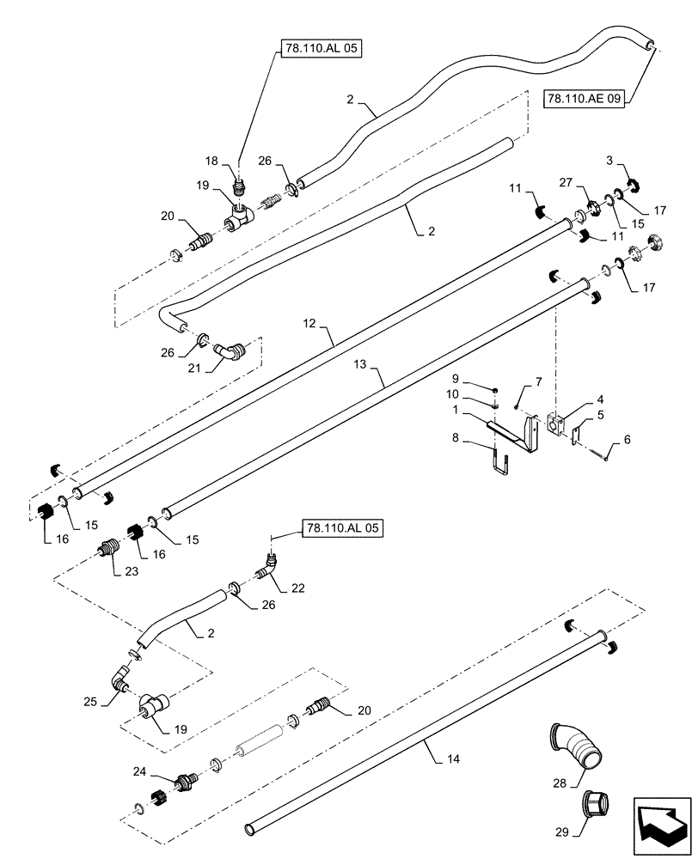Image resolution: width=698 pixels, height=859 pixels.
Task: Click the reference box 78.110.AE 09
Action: pyautogui.click(x=585, y=100)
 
